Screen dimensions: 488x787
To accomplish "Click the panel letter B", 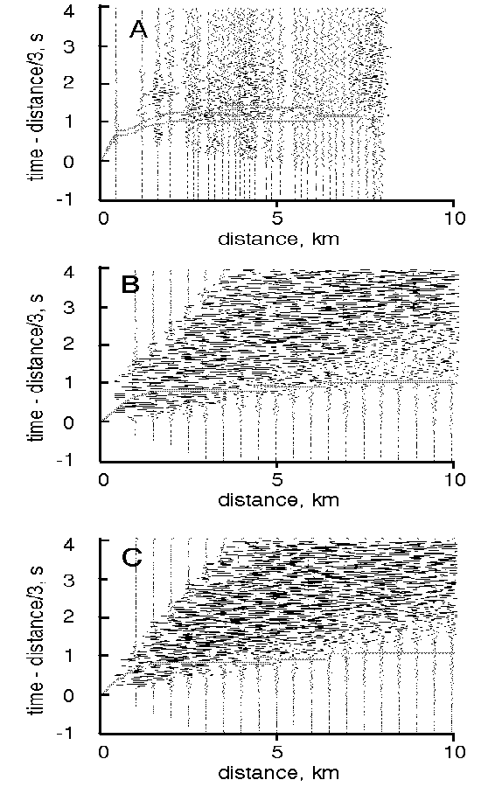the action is click(130, 284).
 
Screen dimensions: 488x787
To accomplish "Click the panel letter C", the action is click(131, 558).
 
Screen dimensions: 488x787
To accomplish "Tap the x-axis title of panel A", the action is click(279, 238).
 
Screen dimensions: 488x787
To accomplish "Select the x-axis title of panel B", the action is click(279, 500).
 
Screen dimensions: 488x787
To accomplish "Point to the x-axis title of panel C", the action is click(279, 772).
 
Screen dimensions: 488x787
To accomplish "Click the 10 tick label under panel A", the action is click(454, 219).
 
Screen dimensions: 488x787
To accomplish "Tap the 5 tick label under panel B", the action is click(276, 480).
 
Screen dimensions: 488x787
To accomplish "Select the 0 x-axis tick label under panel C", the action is click(103, 752).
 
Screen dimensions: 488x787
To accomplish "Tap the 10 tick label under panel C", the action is click(454, 752).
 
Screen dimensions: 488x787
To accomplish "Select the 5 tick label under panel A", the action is click(276, 219).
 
